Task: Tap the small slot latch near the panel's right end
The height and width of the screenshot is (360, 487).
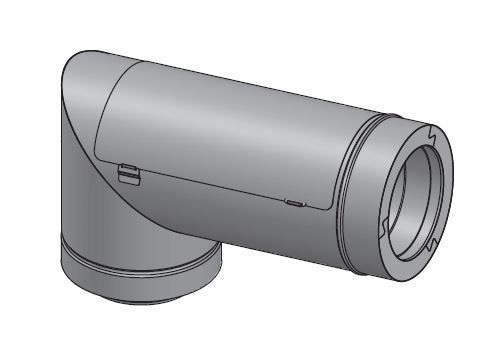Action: click(294, 202)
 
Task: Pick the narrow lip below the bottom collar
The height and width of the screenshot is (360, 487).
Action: click(140, 291)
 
